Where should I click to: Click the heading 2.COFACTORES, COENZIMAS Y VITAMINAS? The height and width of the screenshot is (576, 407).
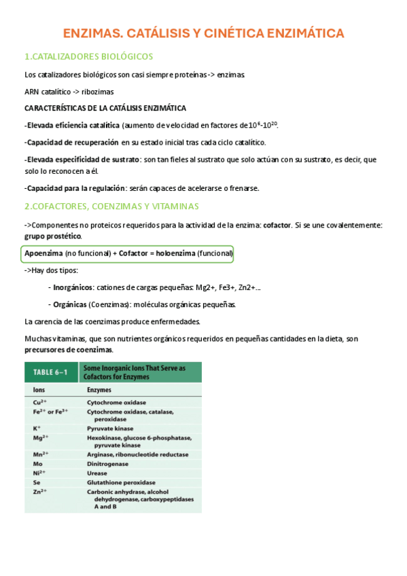click(111, 206)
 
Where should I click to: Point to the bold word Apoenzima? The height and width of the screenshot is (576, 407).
click(43, 253)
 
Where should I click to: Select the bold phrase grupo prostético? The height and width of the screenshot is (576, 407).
click(52, 236)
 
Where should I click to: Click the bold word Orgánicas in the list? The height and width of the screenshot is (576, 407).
click(69, 305)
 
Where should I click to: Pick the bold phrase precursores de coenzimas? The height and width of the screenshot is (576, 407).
click(68, 350)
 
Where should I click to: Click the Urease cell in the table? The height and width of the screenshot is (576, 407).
click(98, 473)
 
